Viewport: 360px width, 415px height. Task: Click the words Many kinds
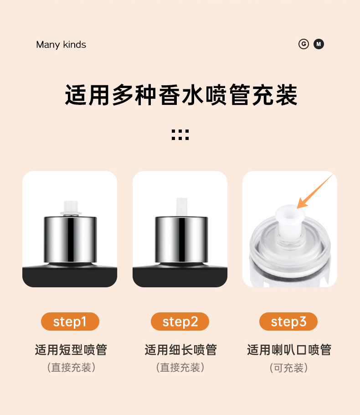[61, 45]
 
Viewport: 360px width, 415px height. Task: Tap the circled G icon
[303, 44]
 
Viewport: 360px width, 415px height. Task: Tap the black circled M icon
[319, 44]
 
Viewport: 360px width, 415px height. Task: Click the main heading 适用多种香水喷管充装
[181, 95]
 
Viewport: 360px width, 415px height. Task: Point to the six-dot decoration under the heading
[180, 135]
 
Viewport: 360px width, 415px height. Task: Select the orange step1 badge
[70, 322]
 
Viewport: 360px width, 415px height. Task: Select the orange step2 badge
[180, 322]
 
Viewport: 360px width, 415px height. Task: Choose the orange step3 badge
[288, 322]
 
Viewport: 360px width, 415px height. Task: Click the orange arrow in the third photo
[315, 192]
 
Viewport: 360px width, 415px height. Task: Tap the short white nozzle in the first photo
[71, 208]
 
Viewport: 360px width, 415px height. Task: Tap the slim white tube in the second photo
[182, 207]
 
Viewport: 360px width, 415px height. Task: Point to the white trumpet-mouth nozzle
[290, 220]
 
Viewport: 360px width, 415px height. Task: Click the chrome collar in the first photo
[70, 239]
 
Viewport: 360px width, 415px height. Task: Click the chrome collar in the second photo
[181, 239]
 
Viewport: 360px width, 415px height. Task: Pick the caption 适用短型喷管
[71, 350]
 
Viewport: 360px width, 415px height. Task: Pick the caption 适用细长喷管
[180, 350]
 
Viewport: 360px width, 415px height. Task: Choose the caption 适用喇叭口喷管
[289, 350]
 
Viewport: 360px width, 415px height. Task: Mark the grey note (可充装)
[288, 368]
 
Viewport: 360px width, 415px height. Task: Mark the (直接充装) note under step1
[71, 368]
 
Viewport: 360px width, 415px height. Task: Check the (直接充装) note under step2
[180, 368]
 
